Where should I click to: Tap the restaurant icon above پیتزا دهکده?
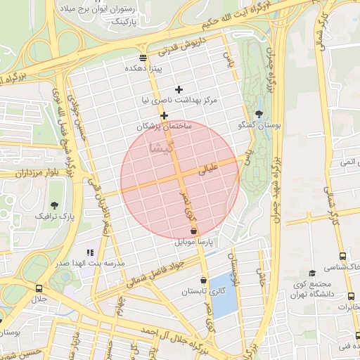[x=143, y=58]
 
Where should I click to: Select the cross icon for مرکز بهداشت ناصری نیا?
[x=179, y=89]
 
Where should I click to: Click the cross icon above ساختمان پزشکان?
[x=164, y=115]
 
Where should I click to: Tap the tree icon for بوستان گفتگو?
[x=259, y=113]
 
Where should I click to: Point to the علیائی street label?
[x=210, y=169]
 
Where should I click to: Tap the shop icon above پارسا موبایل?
[x=194, y=231]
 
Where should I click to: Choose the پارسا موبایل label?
[x=193, y=242]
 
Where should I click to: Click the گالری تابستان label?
[x=203, y=291]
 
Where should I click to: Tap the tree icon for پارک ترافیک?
[x=54, y=205]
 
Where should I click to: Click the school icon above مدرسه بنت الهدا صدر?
[x=89, y=252]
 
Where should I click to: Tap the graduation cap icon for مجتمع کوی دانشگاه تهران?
[x=312, y=273]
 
